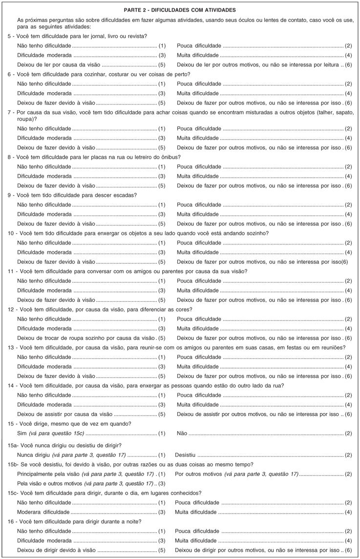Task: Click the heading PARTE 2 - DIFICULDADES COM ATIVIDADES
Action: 180,10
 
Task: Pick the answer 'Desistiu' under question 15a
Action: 185,455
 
